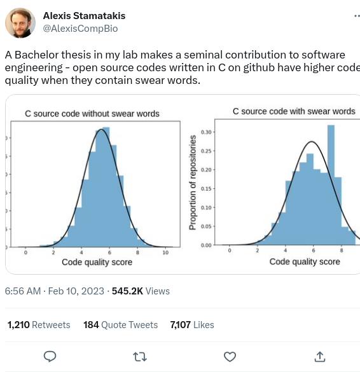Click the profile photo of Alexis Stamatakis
[x=20, y=22]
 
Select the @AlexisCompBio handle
[x=80, y=29]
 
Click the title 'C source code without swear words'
[x=92, y=114]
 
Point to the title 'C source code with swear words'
[x=294, y=111]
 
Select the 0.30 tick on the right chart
[x=207, y=132]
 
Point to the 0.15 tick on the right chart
[x=207, y=189]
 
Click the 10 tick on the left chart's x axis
[x=165, y=253]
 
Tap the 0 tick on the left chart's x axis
[x=25, y=253]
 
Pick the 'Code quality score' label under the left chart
[x=97, y=262]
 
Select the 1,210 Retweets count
[x=39, y=324]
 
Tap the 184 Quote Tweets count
[x=120, y=324]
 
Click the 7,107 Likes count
[x=192, y=324]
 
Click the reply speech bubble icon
[x=50, y=356]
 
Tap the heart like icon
[x=230, y=356]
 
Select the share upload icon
[x=320, y=356]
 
